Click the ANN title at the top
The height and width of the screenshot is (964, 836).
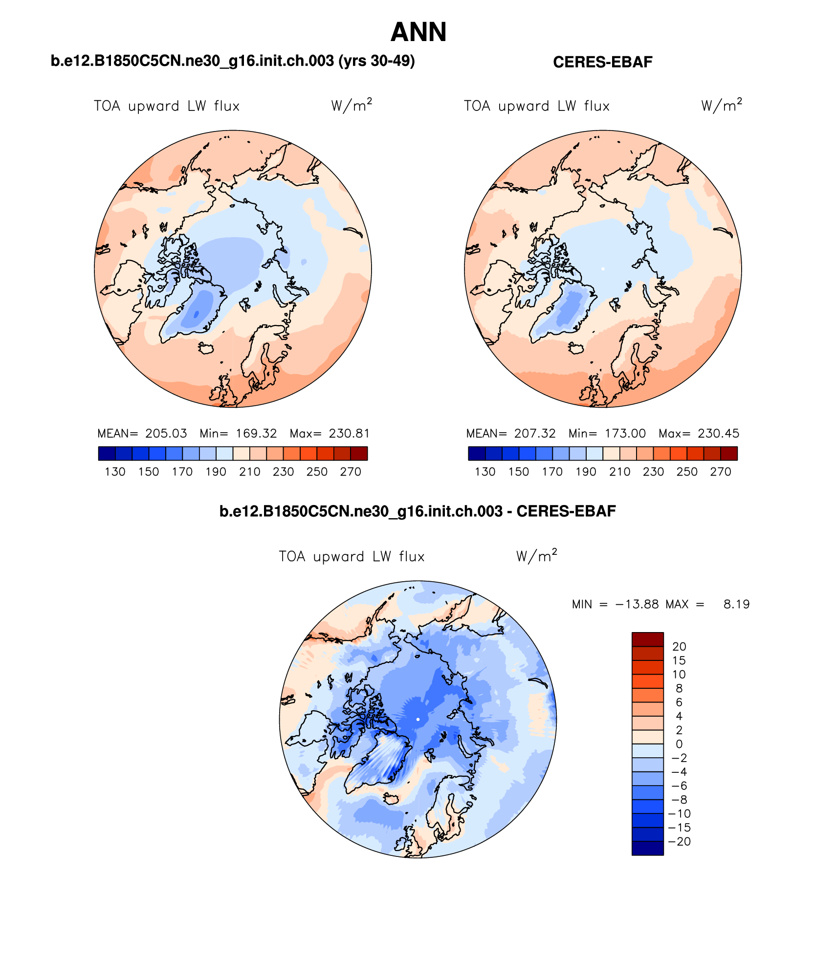(x=418, y=32)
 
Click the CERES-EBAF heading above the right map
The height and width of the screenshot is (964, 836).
(x=602, y=62)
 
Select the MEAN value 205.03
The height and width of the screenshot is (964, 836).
(x=166, y=433)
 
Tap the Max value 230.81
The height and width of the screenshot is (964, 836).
(x=349, y=433)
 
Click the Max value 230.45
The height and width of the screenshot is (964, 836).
(x=718, y=433)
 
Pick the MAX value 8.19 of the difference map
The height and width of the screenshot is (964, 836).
(x=736, y=604)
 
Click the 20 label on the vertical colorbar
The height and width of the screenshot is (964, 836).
(x=679, y=646)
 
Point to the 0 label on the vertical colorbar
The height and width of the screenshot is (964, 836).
(x=679, y=744)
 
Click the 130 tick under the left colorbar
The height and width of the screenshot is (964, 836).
(x=115, y=472)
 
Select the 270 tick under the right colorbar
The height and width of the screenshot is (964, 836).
(x=721, y=472)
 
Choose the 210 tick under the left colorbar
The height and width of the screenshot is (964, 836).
(x=249, y=472)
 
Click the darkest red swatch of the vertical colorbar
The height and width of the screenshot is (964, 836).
(x=647, y=639)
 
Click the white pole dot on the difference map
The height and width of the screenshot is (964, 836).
(x=418, y=719)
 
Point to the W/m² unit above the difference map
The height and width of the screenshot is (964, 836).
(x=536, y=556)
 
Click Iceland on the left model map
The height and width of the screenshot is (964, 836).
(x=206, y=348)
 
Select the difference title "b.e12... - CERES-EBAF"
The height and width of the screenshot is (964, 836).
(x=418, y=511)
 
